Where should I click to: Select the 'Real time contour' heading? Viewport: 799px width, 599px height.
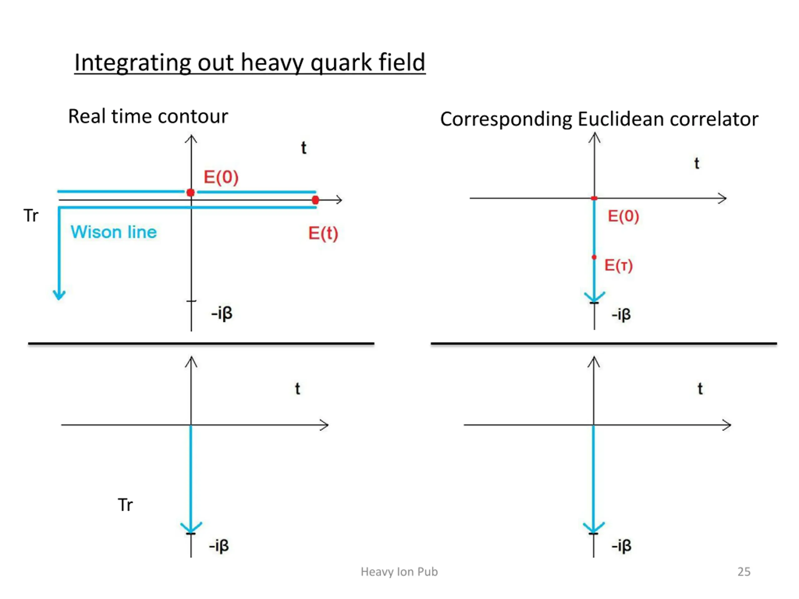pos(148,116)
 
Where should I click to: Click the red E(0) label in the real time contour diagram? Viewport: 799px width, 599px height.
pos(221,177)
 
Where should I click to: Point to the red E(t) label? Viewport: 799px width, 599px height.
pos(323,233)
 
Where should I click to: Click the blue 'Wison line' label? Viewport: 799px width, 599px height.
pos(113,232)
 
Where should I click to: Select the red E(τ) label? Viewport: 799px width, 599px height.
pos(618,265)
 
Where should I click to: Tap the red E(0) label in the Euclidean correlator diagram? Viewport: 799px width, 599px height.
pos(623,216)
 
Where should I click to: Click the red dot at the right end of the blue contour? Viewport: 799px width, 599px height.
pos(315,200)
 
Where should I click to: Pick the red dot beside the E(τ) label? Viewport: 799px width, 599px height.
pos(594,257)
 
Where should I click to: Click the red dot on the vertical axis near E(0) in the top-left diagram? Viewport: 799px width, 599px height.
pos(191,192)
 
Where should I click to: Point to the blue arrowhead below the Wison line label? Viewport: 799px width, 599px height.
pos(59,294)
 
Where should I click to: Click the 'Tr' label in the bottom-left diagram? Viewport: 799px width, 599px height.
pos(125,505)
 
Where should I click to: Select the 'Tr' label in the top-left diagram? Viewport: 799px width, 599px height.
pos(31,216)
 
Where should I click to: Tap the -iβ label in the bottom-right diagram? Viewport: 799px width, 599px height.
pos(621,546)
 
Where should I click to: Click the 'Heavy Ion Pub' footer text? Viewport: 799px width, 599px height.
pos(399,572)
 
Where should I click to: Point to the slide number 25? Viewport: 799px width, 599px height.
pos(744,572)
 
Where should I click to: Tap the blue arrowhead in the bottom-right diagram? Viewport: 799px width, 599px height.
pos(593,528)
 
